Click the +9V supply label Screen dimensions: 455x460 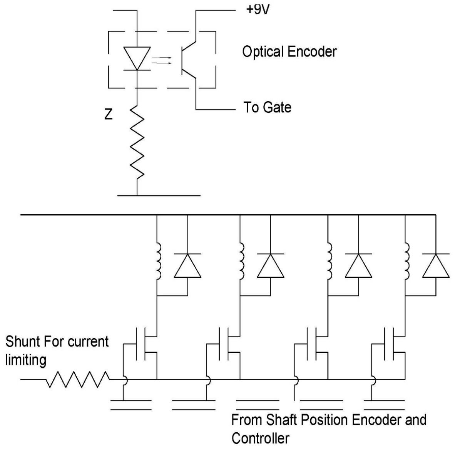[x=259, y=8]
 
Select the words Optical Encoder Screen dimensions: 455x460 [x=289, y=52]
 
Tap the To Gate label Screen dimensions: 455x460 [x=267, y=107]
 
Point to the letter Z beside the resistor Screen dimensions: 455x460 [x=109, y=115]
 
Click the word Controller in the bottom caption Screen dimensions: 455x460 [x=260, y=438]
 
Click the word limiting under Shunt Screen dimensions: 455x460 [x=25, y=360]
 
